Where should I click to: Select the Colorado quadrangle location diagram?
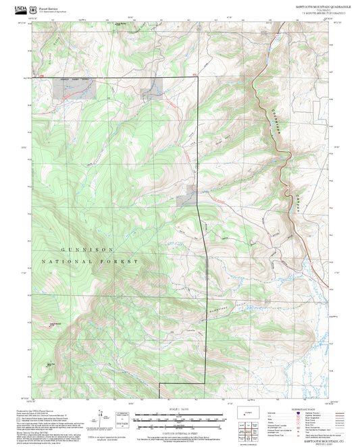[249, 413]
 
